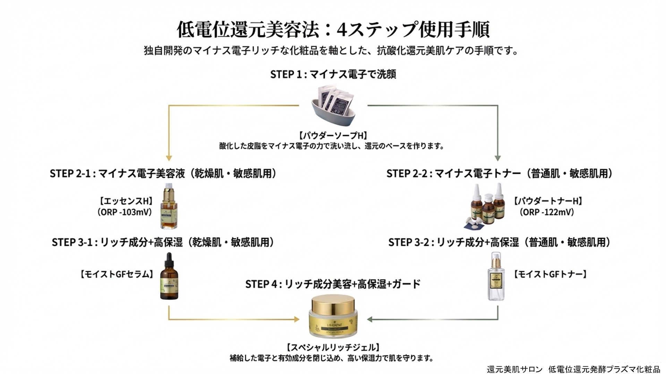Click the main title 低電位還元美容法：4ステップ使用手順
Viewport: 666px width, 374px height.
pos(333,29)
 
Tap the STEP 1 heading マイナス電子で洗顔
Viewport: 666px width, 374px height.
pos(333,74)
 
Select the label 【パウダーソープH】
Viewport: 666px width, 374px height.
pos(333,135)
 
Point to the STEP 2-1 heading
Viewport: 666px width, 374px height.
pos(163,173)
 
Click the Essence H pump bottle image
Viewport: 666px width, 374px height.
pos(169,207)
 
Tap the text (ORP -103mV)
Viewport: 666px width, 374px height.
pos(125,212)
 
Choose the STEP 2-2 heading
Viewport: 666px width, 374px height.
pos(499,173)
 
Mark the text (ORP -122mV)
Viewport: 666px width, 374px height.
pos(547,212)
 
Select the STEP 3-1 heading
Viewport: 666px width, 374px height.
pos(163,242)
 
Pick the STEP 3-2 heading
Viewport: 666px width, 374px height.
pos(499,242)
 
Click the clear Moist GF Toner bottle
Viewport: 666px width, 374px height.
pos(496,277)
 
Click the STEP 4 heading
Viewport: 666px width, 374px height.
pos(333,284)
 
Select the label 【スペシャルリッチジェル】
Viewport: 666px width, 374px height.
pos(333,347)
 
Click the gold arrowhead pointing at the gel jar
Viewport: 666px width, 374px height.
pos(297,319)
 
